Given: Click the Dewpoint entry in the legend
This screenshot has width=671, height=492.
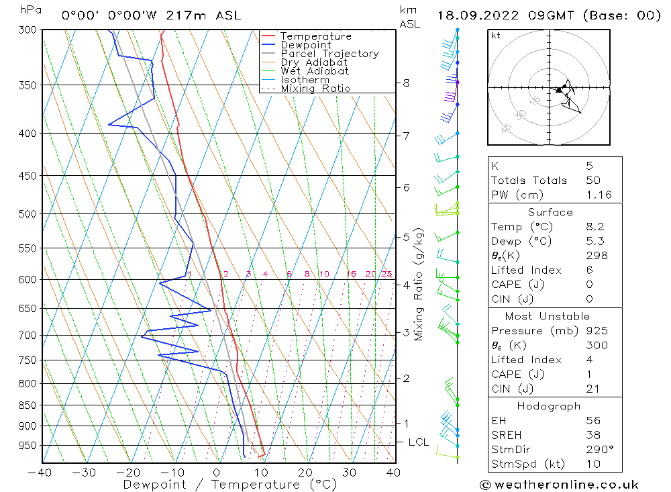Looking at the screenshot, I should click(x=305, y=45).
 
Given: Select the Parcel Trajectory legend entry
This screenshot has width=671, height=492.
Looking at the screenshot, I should click(x=329, y=54).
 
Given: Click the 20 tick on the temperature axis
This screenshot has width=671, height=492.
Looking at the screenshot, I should click(x=306, y=472).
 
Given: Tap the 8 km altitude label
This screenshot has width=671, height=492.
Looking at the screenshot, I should click(x=406, y=83).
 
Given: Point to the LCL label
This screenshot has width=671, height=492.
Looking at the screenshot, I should click(x=419, y=442).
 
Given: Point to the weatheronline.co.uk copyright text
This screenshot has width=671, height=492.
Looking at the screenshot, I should click(x=560, y=485).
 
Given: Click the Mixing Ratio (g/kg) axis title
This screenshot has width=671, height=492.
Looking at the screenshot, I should click(x=419, y=285).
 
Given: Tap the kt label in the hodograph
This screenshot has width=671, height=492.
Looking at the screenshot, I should click(x=496, y=36).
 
